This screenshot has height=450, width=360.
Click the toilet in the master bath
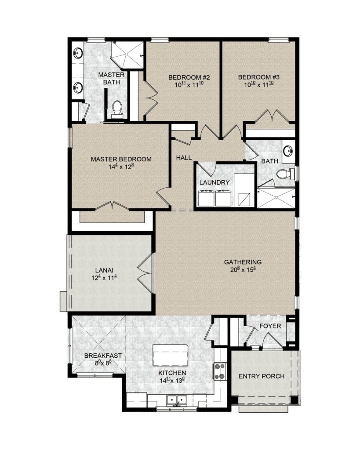[117, 109]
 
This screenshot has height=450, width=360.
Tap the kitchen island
[170, 355]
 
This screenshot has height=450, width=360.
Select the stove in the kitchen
[220, 372]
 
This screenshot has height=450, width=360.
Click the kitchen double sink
[176, 400]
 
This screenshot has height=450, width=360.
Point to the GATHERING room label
[243, 262]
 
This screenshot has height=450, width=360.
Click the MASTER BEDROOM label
[121, 159]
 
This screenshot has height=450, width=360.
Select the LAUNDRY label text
[215, 182]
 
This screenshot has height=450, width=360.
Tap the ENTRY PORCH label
[262, 376]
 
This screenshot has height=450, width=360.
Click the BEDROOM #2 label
[189, 77]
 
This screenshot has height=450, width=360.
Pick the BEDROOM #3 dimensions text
[258, 84]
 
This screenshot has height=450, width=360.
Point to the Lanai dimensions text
[104, 278]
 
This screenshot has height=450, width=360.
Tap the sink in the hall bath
[288, 150]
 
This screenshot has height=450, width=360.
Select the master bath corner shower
[127, 55]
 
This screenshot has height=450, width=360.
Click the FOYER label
[270, 326]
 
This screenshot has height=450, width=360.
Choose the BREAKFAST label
[103, 356]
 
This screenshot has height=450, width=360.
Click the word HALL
[184, 158]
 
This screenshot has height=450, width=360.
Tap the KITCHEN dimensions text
[172, 380]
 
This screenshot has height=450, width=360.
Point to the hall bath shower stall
[276, 198]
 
